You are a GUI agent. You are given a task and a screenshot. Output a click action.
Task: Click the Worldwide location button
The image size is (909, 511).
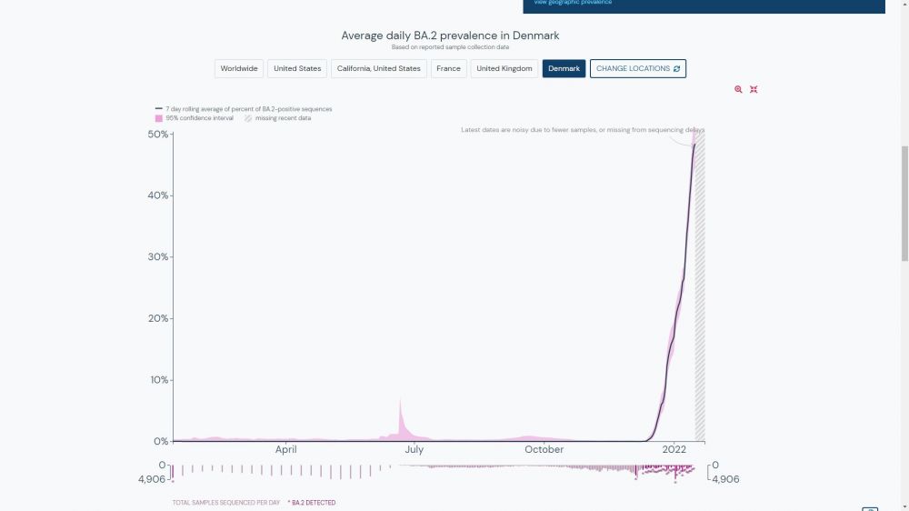239,69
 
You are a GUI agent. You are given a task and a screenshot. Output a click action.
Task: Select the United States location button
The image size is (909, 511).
297,69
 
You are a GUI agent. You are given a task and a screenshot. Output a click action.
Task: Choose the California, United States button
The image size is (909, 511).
378,69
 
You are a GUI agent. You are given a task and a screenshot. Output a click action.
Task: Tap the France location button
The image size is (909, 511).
448,69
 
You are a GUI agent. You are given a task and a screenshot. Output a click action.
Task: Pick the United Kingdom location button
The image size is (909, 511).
504,69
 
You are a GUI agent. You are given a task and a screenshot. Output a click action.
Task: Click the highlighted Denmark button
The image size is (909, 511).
564,69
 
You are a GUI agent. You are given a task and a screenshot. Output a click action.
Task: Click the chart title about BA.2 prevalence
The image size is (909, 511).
450,35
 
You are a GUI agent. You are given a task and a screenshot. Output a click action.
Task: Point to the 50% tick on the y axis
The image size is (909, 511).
158,135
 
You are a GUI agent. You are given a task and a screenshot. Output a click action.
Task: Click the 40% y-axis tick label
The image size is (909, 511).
158,195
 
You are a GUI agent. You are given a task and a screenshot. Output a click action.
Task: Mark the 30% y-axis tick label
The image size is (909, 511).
158,257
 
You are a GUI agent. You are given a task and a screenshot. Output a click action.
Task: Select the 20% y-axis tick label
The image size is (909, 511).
158,318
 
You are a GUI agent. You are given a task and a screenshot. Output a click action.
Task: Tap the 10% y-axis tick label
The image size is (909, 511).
158,380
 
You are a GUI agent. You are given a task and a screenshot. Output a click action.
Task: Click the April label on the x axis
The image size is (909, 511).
286,449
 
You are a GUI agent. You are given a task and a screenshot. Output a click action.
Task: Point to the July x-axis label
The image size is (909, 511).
414,449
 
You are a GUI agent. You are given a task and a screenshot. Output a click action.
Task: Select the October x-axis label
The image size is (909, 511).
544,449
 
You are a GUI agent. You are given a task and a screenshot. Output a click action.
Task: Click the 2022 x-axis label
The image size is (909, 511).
674,449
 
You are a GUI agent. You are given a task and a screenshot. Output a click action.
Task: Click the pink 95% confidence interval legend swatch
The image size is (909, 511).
158,118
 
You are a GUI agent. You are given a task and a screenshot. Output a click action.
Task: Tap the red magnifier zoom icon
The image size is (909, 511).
738,89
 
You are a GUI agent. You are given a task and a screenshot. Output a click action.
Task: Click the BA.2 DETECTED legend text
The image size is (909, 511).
313,503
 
